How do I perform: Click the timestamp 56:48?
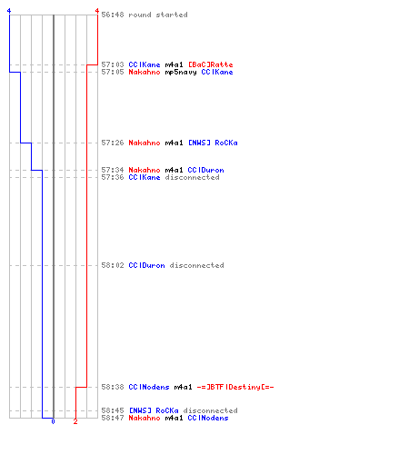[x=113, y=15]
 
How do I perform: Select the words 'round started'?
[x=158, y=15]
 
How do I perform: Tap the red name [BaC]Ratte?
[x=211, y=64]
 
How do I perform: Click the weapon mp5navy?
[x=181, y=72]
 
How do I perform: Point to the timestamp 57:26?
[x=113, y=143]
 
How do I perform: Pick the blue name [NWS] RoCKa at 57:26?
[x=213, y=143]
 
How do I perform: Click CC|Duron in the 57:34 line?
[x=205, y=170]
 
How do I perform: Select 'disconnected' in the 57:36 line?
[x=192, y=177]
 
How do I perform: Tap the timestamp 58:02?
[x=113, y=265]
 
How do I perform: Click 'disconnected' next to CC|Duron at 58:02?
[x=196, y=265]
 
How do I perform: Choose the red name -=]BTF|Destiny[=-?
[x=235, y=387]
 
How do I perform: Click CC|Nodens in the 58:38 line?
[x=149, y=387]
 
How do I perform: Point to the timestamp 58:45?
[x=113, y=410]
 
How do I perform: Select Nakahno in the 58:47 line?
[x=145, y=418]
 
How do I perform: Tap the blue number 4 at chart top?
[x=9, y=11]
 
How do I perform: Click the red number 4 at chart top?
[x=97, y=11]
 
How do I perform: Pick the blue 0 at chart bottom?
[x=53, y=421]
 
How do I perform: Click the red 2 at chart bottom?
[x=75, y=421]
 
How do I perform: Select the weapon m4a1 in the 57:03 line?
[x=174, y=64]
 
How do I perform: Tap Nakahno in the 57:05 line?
[x=145, y=72]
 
